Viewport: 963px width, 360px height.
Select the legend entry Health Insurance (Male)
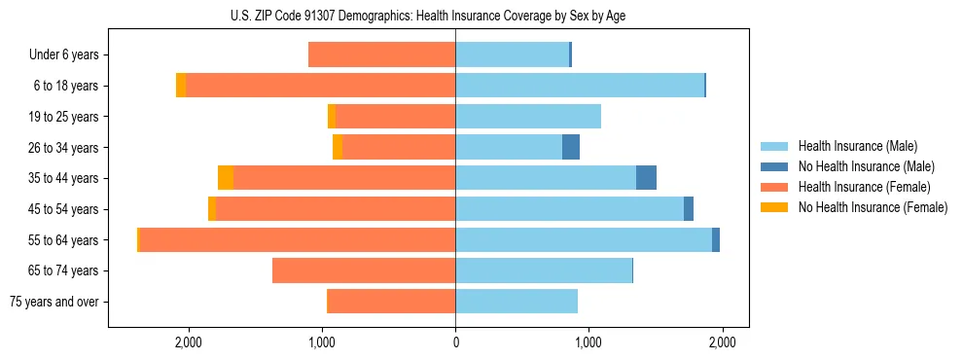(856, 146)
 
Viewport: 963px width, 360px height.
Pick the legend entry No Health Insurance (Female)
(873, 207)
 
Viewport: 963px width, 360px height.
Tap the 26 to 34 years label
(63, 148)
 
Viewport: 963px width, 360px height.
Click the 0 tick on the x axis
(455, 342)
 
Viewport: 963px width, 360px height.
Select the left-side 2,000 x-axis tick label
(188, 342)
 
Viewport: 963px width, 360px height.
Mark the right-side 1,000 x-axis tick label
(588, 342)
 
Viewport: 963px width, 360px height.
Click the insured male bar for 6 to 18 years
(580, 86)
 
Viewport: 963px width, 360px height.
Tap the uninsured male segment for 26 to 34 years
(571, 147)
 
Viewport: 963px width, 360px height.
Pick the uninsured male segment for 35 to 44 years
(646, 178)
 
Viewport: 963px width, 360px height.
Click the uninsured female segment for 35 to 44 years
(226, 178)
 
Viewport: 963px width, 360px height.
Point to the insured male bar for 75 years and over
(517, 302)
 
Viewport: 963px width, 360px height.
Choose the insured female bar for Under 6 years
(382, 55)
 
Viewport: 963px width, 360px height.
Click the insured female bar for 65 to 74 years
(364, 270)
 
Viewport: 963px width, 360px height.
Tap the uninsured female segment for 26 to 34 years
(338, 147)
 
